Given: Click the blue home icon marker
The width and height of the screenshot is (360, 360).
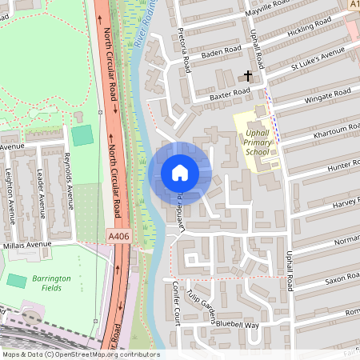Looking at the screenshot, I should point(180,173).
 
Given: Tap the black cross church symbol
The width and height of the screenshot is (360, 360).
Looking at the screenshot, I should point(247,77).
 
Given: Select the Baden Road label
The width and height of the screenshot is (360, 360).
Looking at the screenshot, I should point(221,53).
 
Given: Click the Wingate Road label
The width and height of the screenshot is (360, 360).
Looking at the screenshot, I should point(326,98).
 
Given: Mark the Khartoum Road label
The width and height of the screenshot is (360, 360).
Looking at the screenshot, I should point(335,130).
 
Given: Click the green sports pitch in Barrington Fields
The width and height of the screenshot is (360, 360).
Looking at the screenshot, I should point(16,281).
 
